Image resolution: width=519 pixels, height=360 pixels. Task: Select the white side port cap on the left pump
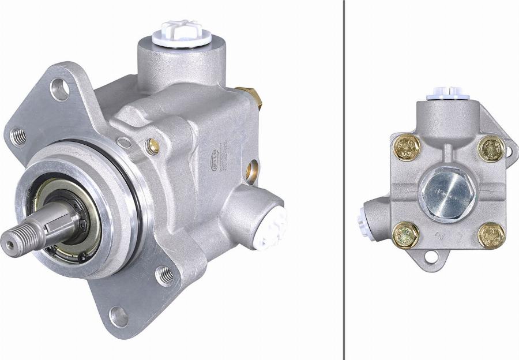coord(270,227)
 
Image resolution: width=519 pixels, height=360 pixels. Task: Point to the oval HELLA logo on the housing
coord(215,155)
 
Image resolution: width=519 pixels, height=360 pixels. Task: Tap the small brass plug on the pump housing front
coord(152,147)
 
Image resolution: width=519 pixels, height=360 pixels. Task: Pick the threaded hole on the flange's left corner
coord(18,137)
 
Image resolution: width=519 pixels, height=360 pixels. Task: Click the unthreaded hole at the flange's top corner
coord(59,88)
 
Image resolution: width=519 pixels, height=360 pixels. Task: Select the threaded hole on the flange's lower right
coord(164,275)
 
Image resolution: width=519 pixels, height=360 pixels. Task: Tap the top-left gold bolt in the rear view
coord(407,148)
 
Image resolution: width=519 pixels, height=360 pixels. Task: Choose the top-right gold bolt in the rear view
coord(491,149)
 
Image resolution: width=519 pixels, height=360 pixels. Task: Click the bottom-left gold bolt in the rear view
coord(406,235)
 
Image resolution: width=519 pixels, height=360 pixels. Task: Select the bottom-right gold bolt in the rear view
coord(491,235)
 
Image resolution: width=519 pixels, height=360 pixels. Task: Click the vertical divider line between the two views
coord(344,180)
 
